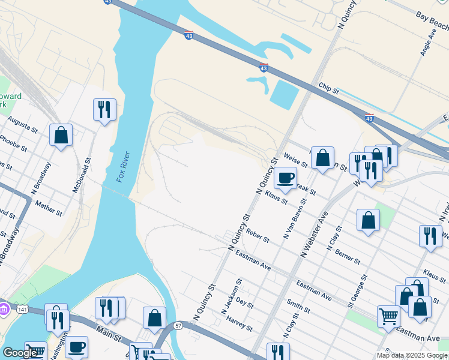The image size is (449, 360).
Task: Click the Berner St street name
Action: [348, 257]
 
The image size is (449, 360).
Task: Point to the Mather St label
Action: [49, 208]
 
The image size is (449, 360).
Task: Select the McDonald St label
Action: [82, 175]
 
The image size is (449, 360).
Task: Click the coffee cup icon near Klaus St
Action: [285, 178]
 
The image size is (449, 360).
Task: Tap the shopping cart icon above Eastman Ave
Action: [388, 316]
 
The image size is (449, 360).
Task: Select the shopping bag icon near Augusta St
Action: [61, 134]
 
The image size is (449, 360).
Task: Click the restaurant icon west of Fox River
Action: [104, 109]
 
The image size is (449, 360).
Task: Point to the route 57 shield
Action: [178, 325]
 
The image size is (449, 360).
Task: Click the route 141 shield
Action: [22, 308]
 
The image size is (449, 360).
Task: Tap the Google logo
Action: [20, 353]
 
